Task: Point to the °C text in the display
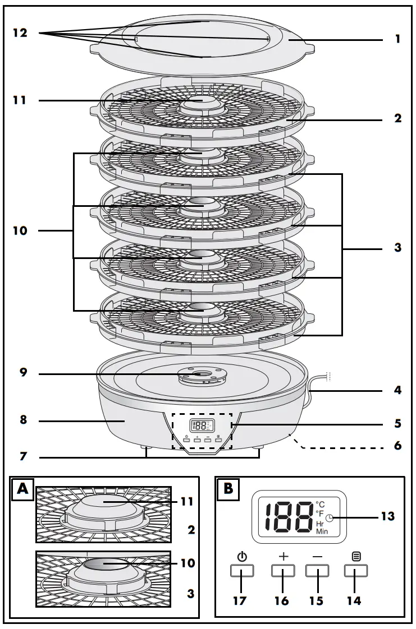pyautogui.click(x=321, y=504)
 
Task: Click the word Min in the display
pyautogui.click(x=322, y=531)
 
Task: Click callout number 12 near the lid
pyautogui.click(x=20, y=34)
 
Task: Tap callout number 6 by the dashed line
pyautogui.click(x=397, y=447)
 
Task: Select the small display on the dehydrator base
pyautogui.click(x=200, y=425)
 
